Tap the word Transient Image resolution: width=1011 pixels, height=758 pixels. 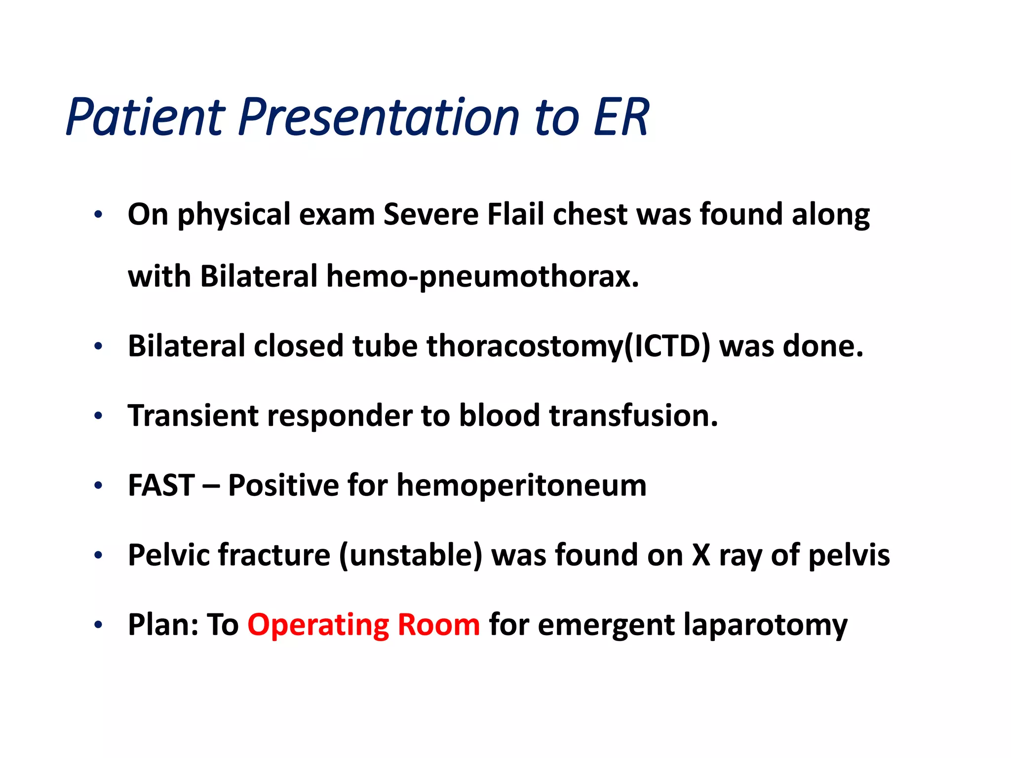click(x=193, y=416)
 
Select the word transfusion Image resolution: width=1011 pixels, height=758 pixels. click(x=634, y=416)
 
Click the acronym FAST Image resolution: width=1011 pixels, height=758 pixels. click(x=161, y=486)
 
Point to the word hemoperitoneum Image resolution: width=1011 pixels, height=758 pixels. click(x=521, y=486)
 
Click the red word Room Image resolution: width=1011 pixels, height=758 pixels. click(x=438, y=625)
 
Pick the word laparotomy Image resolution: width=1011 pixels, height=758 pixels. click(x=766, y=625)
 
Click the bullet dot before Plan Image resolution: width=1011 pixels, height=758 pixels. click(x=98, y=625)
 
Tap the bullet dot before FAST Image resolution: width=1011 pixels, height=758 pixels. click(x=98, y=486)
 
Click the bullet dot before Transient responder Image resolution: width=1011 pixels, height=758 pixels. click(x=98, y=416)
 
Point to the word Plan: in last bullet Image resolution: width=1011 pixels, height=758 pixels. click(x=162, y=625)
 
